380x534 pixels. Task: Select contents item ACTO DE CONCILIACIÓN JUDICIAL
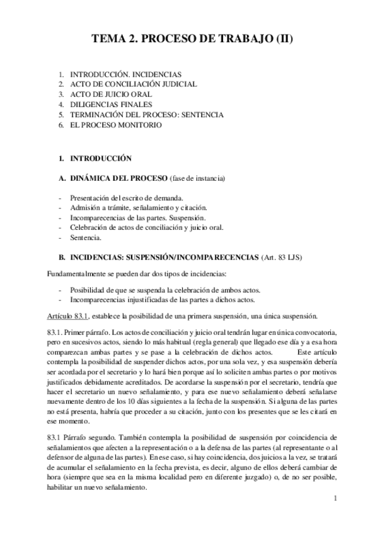pos(133,84)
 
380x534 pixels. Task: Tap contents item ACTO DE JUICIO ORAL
pos(111,94)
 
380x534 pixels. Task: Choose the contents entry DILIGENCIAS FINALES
pos(111,105)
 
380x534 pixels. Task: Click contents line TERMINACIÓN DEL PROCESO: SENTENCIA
pos(146,115)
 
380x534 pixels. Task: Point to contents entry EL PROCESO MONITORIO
pos(116,125)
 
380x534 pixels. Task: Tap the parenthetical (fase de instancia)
pos(197,179)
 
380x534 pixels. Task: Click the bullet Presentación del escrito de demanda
pos(127,198)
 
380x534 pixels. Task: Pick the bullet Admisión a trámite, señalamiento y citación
pos(138,208)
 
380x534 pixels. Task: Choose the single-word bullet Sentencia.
pos(86,238)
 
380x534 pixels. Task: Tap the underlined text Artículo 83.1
pos(69,315)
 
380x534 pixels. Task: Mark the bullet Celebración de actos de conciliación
pos(146,228)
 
